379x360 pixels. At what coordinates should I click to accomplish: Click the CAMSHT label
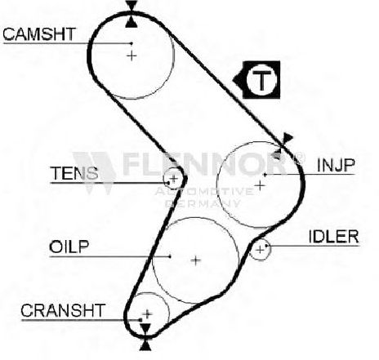38,34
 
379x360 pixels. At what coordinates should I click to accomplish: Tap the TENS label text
74,173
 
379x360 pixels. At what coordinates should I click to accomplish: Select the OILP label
69,247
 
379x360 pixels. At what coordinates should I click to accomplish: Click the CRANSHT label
63,310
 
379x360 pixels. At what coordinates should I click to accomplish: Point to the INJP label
336,165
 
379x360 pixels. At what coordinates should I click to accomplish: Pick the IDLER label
334,237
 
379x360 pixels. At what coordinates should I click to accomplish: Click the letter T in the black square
261,81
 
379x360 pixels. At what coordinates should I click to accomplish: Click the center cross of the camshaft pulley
132,56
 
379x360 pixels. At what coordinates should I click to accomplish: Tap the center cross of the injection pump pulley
260,186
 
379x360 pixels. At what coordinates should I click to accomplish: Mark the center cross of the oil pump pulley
195,260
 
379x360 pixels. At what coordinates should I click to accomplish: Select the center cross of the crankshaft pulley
147,313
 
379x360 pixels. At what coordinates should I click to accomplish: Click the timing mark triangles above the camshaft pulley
132,14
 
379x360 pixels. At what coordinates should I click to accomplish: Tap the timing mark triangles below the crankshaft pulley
145,336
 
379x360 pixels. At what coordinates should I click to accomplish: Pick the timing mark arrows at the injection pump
283,147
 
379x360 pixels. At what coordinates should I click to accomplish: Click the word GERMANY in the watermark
203,203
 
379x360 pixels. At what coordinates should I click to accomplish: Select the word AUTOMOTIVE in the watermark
203,191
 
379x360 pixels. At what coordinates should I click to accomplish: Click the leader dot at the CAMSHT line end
132,43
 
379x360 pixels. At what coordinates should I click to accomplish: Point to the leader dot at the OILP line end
170,256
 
